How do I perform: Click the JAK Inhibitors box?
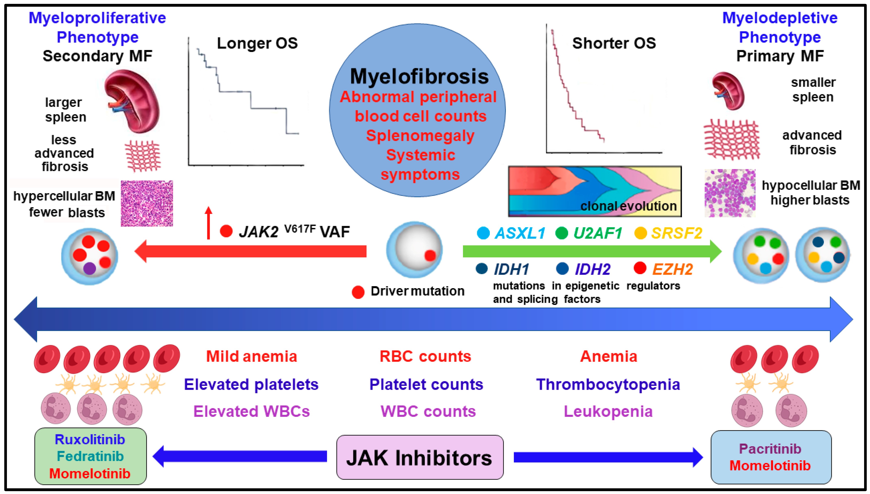(420, 457)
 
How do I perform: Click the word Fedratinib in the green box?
(90, 456)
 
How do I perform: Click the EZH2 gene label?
(672, 269)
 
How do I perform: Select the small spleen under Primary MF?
(728, 91)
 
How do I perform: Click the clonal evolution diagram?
(595, 191)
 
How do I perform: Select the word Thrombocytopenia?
(608, 384)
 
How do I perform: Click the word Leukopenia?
(608, 411)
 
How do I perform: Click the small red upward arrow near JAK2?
(208, 223)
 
